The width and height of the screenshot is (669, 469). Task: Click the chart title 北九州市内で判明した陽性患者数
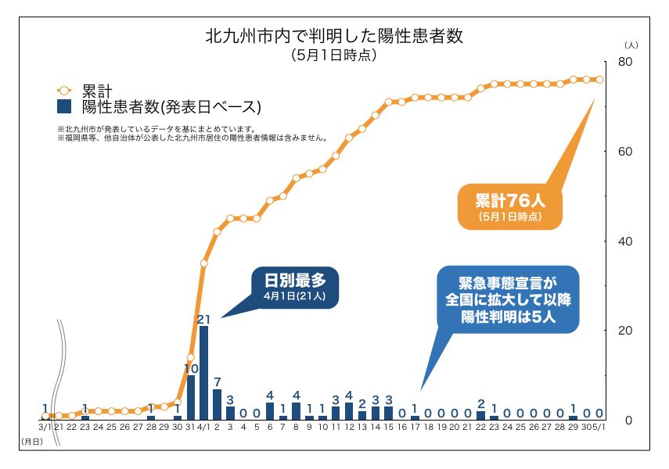click(x=334, y=37)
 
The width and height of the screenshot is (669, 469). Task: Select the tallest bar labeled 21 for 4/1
click(x=203, y=373)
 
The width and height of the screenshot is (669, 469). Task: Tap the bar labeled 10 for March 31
click(x=191, y=397)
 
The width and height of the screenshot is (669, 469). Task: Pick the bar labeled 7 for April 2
click(x=217, y=404)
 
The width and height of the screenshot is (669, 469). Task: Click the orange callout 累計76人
click(x=510, y=206)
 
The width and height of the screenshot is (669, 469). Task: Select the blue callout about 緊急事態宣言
click(x=507, y=299)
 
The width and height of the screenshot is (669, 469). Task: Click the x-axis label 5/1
click(x=599, y=428)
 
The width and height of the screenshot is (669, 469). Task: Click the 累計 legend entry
click(x=98, y=91)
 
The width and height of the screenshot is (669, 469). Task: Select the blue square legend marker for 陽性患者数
click(x=65, y=106)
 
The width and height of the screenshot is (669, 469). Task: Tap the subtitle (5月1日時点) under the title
click(x=334, y=55)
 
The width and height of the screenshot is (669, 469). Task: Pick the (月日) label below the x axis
click(x=31, y=442)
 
